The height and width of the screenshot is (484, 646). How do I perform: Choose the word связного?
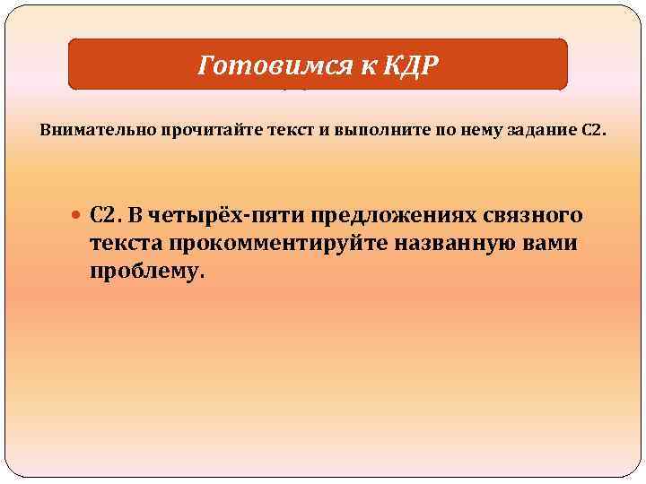[533, 216]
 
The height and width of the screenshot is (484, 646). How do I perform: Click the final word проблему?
[147, 272]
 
